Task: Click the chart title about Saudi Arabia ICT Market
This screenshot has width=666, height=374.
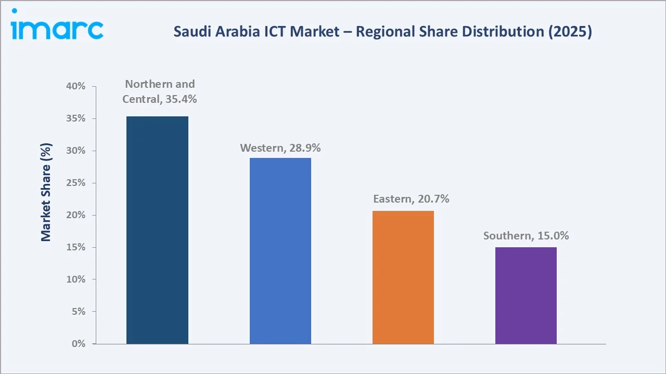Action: [x=382, y=32]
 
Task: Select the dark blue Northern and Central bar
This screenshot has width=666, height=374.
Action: [x=157, y=230]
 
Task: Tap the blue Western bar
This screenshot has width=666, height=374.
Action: [x=280, y=251]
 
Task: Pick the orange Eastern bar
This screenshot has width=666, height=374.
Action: [x=403, y=277]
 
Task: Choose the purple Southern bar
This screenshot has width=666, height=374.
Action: [x=526, y=296]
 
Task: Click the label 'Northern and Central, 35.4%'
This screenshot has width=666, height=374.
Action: [x=160, y=91]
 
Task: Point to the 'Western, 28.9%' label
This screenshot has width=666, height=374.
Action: [x=280, y=148]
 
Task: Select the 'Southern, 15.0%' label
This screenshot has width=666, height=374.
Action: [x=526, y=236]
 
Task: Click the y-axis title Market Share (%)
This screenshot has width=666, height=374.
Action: [x=46, y=192]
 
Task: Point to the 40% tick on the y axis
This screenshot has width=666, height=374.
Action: [x=76, y=87]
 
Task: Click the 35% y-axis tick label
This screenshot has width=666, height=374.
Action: [x=76, y=119]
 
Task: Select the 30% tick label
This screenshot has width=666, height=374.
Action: [x=76, y=151]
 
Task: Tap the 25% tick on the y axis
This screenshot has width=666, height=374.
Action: [x=76, y=183]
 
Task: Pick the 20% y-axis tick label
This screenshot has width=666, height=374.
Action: [x=76, y=216]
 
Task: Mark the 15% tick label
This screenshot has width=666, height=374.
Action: [x=76, y=248]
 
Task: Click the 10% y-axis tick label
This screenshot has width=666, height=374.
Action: [x=76, y=279]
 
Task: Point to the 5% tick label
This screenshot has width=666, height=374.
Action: [x=78, y=312]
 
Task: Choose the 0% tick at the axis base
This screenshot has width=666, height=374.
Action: [x=78, y=344]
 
